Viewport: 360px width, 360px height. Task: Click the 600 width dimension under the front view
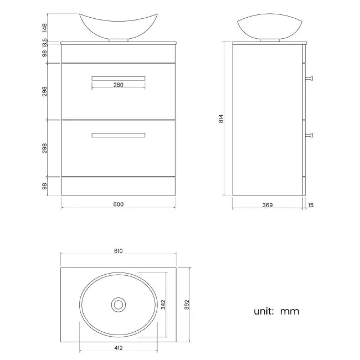click(x=118, y=204)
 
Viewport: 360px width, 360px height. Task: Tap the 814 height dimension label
click(x=220, y=118)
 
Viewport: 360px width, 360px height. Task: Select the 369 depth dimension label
click(x=267, y=205)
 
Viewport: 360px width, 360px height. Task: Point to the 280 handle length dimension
click(x=118, y=85)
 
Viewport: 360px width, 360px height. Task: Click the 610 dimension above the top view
click(x=118, y=251)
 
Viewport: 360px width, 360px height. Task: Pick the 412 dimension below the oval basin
click(x=118, y=347)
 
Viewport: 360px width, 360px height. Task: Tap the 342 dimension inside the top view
click(x=163, y=304)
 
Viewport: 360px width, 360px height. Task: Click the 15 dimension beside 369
click(x=310, y=205)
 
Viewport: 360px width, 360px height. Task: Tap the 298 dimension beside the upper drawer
click(x=44, y=91)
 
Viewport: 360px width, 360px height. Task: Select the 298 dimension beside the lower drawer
click(x=44, y=148)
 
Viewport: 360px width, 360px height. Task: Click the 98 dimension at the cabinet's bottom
click(x=44, y=186)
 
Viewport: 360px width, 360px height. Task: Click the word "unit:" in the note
click(x=264, y=311)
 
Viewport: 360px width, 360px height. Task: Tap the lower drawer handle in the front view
click(x=118, y=135)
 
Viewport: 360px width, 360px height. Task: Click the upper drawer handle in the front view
click(x=118, y=78)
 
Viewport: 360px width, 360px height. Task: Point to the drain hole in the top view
click(x=118, y=304)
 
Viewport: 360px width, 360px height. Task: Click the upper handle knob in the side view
click(x=311, y=78)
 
